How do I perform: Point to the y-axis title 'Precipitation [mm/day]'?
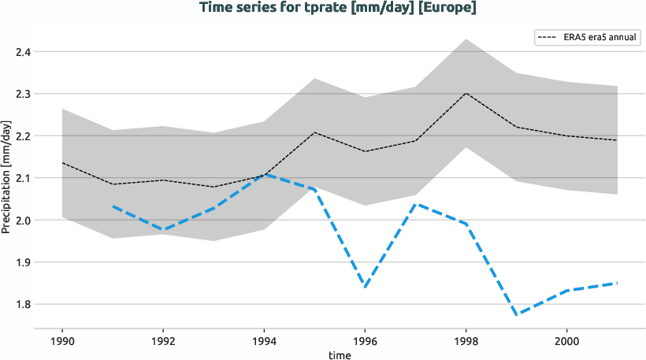7,177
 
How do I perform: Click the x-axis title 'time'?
340,355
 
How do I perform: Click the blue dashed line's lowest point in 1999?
515,314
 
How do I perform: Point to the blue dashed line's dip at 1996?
364,287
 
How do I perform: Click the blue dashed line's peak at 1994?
263,175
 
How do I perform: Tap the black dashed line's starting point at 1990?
62,163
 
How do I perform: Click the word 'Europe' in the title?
451,8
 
